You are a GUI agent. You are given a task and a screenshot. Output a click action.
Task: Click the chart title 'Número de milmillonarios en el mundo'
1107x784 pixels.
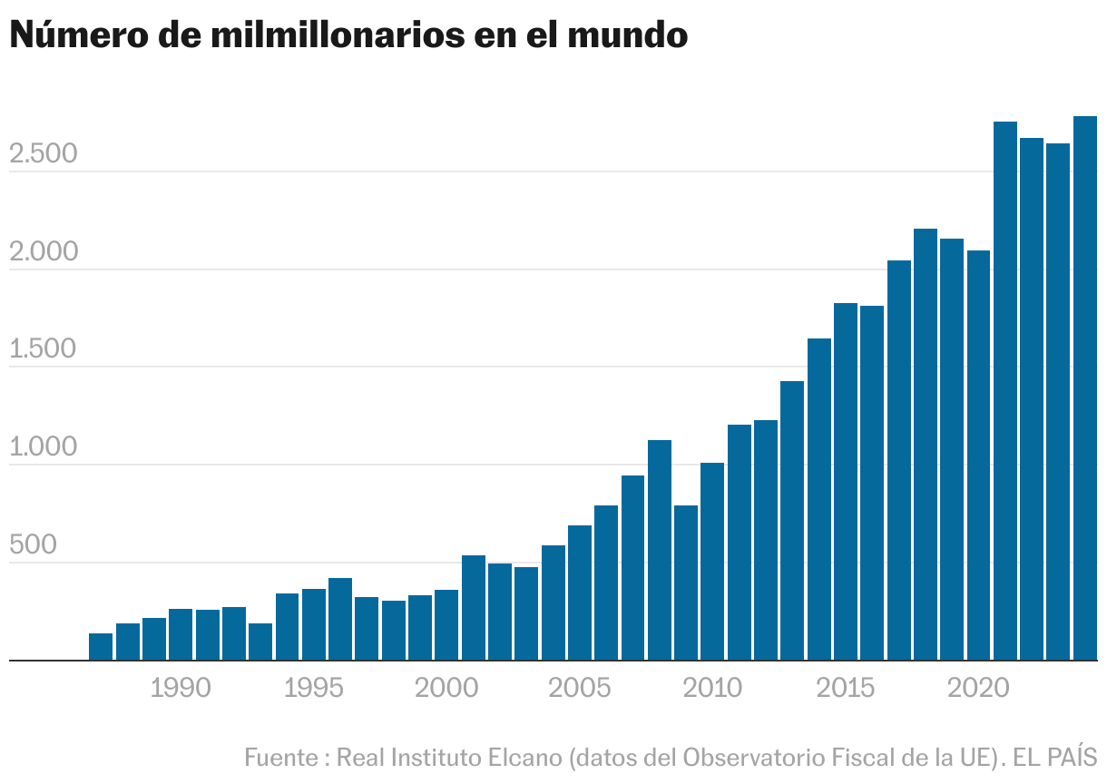[x=348, y=35]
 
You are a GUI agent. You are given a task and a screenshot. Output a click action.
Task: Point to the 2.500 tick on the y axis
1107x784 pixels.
[x=44, y=155]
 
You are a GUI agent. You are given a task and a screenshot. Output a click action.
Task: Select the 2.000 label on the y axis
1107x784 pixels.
[x=44, y=253]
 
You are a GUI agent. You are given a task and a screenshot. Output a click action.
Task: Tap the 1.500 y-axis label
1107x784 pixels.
[x=44, y=351]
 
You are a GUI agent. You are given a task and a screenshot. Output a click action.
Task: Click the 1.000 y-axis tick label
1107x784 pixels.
[x=44, y=449]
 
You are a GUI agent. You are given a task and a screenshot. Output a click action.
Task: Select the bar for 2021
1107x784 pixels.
[x=1005, y=391]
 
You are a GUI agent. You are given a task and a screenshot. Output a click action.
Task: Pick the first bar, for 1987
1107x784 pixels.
[x=101, y=647]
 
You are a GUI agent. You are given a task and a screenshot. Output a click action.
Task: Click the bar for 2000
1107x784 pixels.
[x=446, y=625]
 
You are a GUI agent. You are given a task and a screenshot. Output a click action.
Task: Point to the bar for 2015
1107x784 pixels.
[x=846, y=482]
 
